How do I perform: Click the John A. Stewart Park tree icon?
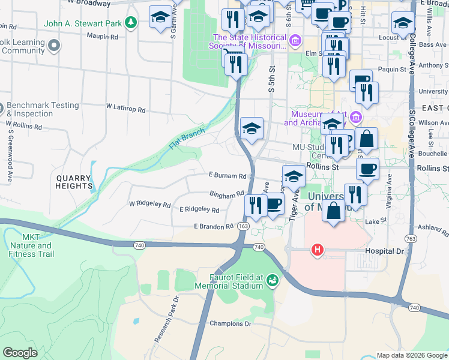[131, 23]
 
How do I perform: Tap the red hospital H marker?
[316, 249]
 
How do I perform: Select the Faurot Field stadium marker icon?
[273, 280]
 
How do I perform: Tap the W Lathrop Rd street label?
[126, 109]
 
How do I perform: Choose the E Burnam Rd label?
[228, 176]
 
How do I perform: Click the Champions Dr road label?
[230, 323]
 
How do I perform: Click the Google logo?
[20, 352]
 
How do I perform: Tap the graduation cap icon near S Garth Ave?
[160, 17]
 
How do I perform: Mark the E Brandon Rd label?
[213, 226]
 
